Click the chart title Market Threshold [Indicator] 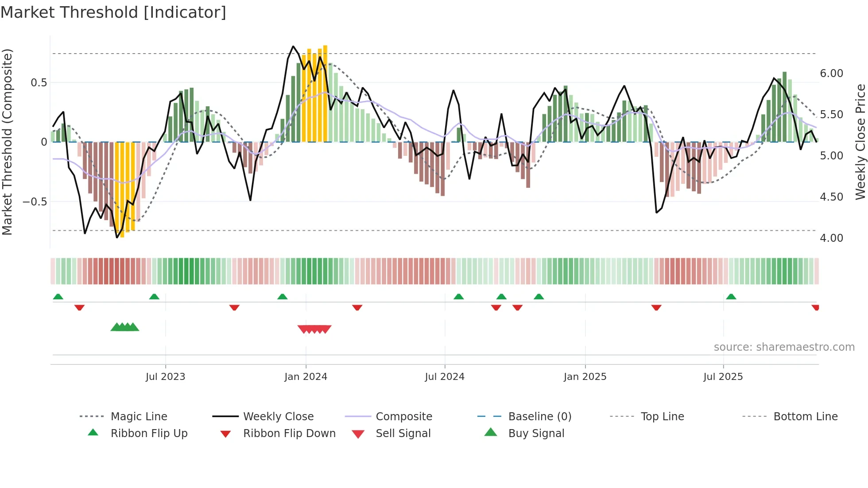pos(113,12)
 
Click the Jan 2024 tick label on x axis pos(306,377)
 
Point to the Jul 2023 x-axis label pos(165,377)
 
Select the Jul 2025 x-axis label pos(723,377)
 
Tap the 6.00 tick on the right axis pos(831,74)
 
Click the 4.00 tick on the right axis pos(831,238)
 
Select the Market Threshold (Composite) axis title pos(7,142)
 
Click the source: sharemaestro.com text pos(784,347)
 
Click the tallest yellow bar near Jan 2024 pos(325,93)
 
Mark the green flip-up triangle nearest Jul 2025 pos(731,297)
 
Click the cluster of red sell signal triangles pos(314,329)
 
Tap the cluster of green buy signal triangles pos(125,327)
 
